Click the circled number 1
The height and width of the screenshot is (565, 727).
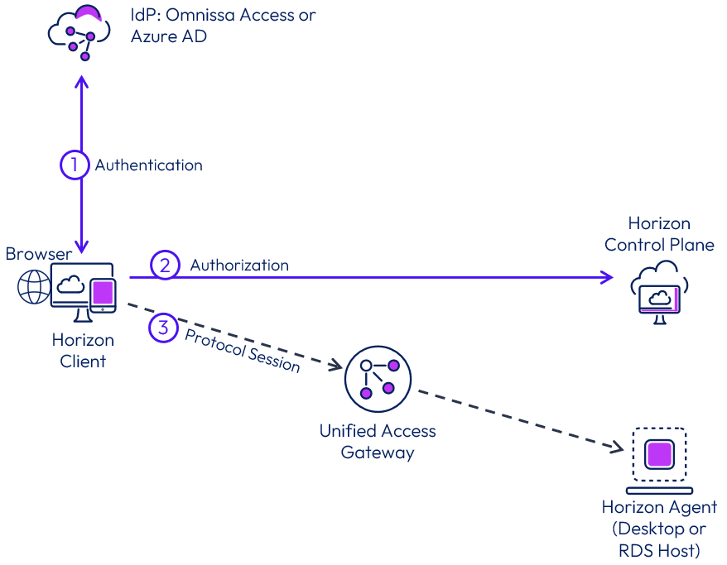click(74, 165)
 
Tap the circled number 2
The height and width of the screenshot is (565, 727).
click(164, 266)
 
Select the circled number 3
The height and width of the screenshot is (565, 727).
click(163, 328)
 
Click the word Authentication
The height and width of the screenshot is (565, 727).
click(148, 165)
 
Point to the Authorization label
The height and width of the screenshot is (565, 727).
click(239, 266)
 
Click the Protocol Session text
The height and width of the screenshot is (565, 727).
click(242, 350)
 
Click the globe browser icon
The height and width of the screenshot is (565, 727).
click(33, 286)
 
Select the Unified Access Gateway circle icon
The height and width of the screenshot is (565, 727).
click(377, 379)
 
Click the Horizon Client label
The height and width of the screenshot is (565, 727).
click(83, 351)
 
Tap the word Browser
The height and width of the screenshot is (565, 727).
click(39, 254)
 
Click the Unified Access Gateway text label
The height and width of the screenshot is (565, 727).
click(378, 442)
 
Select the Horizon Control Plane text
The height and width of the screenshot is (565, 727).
click(659, 234)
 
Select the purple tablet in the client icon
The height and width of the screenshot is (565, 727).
click(103, 293)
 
